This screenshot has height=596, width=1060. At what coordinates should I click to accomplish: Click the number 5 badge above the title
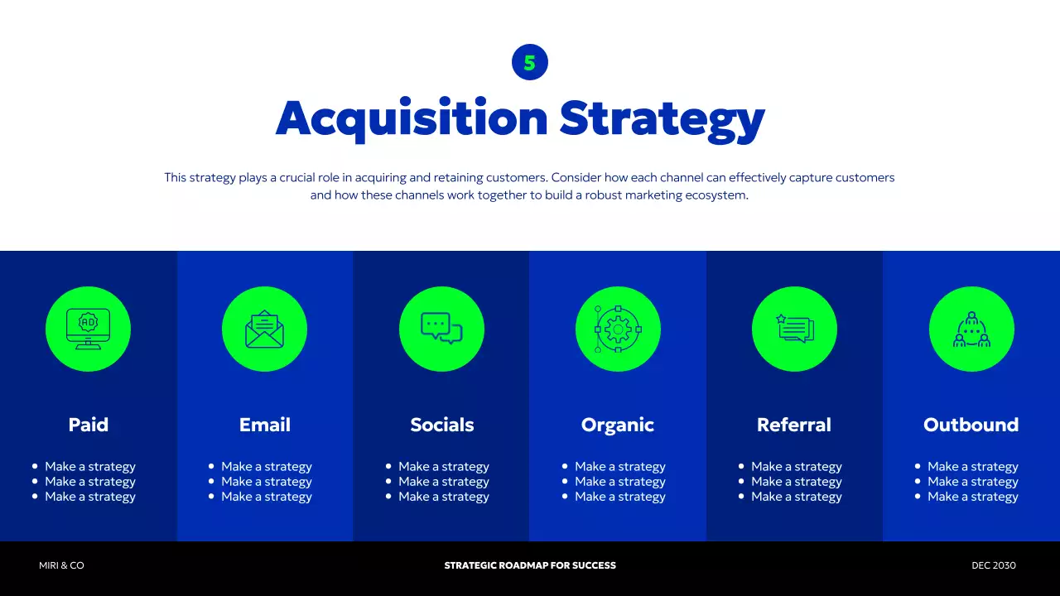point(530,62)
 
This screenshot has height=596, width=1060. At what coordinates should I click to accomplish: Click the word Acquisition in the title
point(412,118)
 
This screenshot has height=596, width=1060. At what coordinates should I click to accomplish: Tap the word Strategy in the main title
point(662,118)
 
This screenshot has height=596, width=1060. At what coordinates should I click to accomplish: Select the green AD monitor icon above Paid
point(88,329)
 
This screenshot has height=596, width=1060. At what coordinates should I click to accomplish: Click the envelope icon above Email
point(264,329)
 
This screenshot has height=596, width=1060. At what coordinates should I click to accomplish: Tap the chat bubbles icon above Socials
point(441,329)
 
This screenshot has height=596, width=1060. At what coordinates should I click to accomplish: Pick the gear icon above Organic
point(618,329)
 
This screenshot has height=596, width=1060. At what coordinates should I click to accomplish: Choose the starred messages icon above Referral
point(794,329)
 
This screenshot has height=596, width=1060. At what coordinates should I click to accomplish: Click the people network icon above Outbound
point(971,329)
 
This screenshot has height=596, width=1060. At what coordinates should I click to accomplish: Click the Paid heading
point(88,425)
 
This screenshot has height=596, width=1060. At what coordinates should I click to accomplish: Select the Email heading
point(265,425)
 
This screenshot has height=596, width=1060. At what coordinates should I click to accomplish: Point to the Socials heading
point(442,425)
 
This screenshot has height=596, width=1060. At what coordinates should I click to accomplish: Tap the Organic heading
point(618,425)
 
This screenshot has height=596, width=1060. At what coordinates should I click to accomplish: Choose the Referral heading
point(794,425)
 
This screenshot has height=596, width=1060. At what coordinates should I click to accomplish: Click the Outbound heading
point(971,425)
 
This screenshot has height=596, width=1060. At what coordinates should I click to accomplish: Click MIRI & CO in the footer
point(61,565)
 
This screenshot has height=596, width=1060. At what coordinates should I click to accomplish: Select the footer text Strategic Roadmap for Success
point(530,565)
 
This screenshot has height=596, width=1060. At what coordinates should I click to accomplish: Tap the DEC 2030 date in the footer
point(994,565)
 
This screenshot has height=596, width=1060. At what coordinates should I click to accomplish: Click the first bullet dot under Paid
point(35,466)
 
